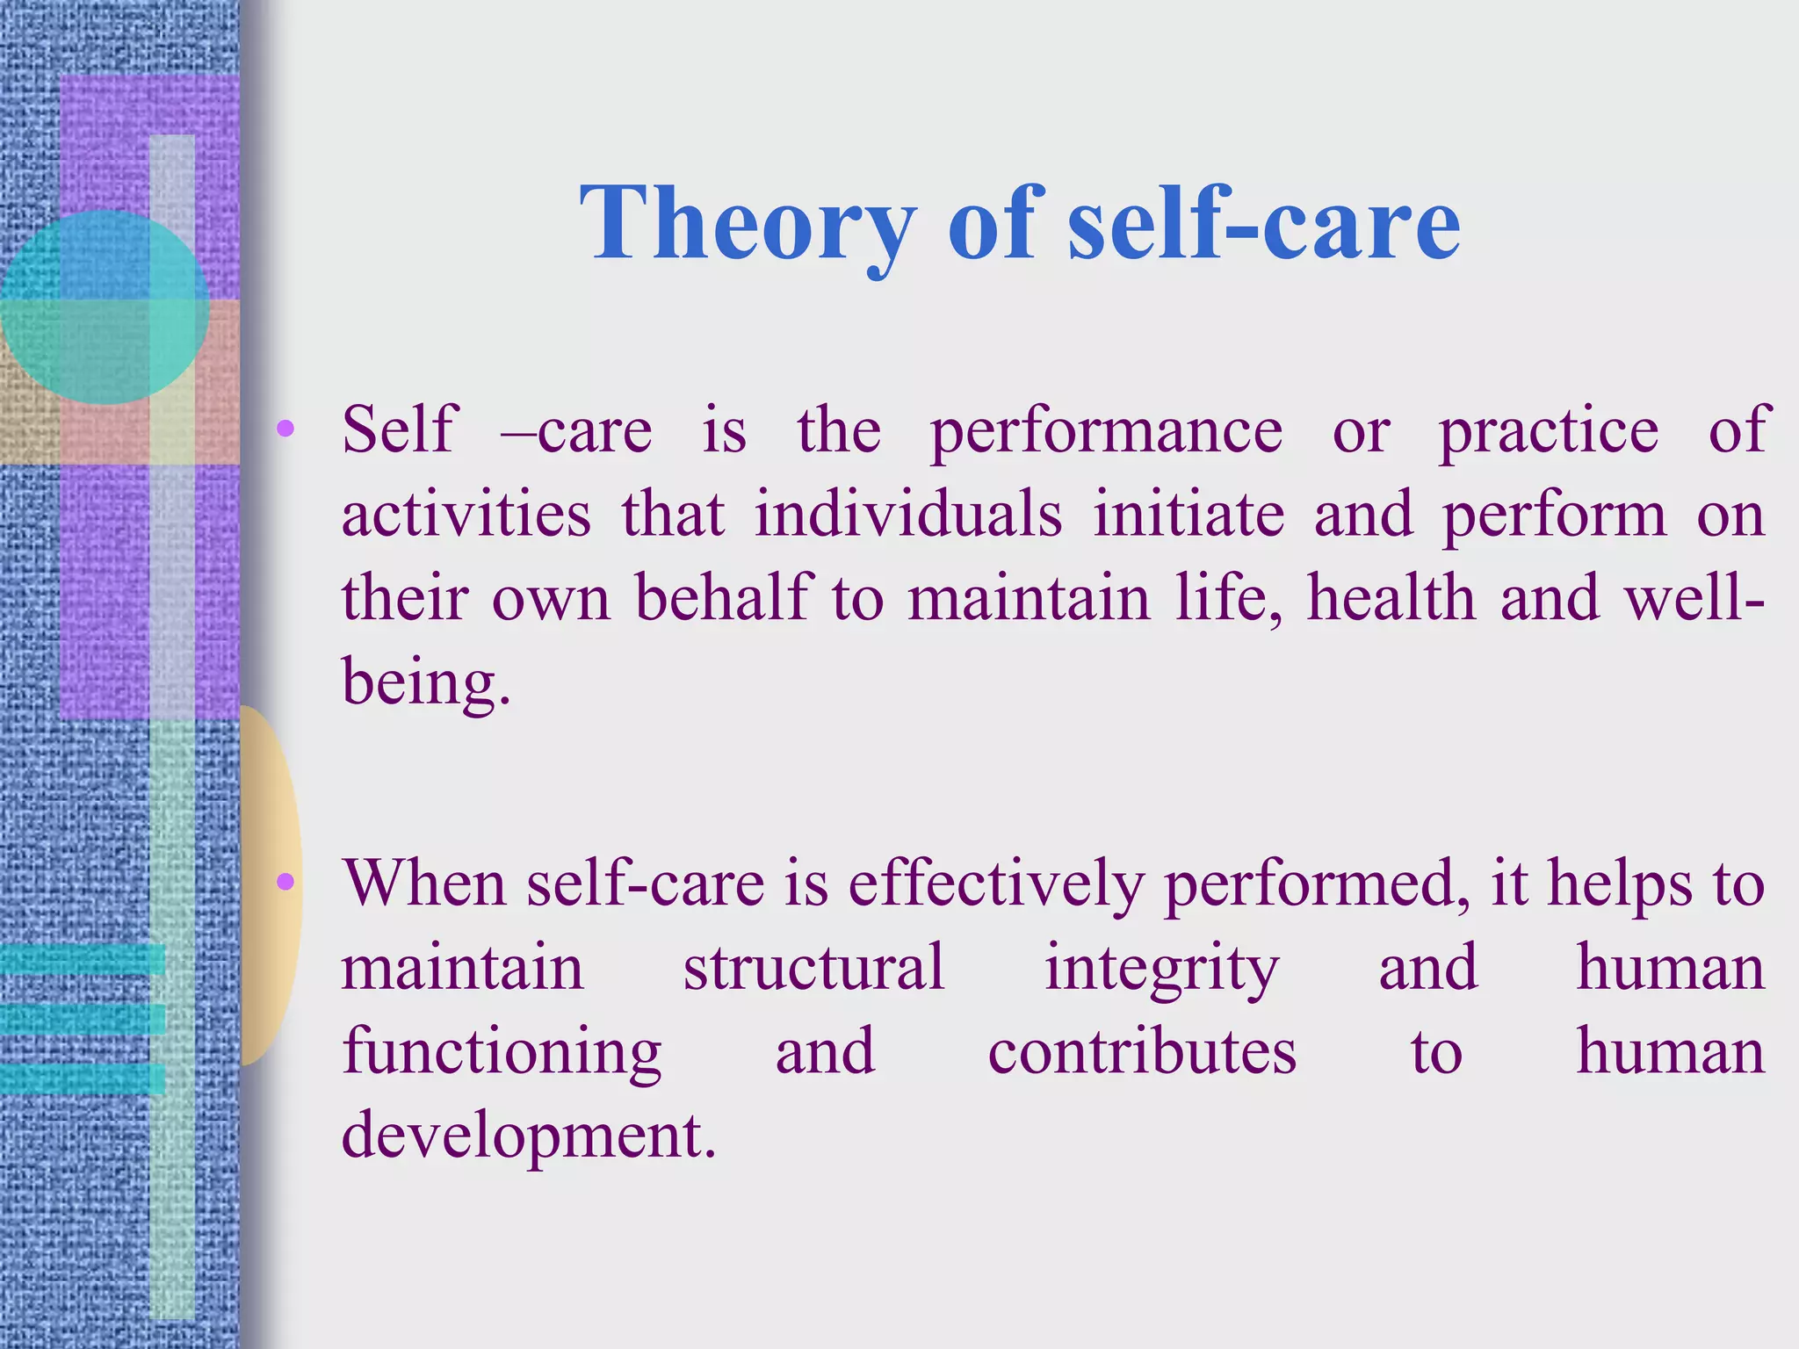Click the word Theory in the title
[x=748, y=225]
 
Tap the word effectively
[x=995, y=884]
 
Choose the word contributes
[x=1142, y=1052]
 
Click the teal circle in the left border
[x=104, y=307]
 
